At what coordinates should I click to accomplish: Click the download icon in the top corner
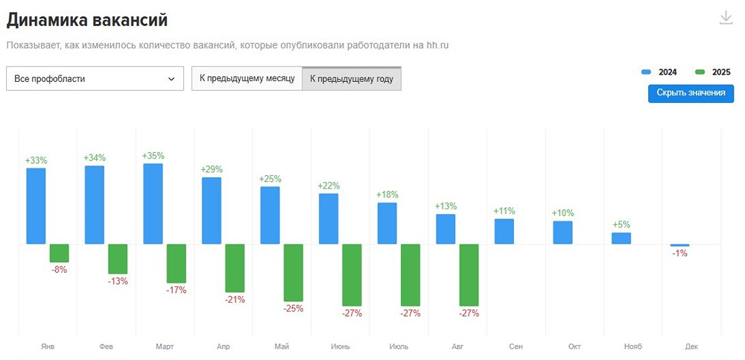coord(726,18)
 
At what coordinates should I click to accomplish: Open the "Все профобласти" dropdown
coord(95,78)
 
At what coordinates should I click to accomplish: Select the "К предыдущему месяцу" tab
coord(247,78)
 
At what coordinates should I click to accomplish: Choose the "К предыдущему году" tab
coord(352,78)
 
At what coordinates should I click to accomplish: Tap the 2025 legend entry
coord(712,72)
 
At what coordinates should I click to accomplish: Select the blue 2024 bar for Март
coord(153,203)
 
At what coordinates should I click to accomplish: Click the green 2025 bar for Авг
coord(469,274)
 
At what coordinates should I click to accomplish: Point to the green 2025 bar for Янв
coord(60,253)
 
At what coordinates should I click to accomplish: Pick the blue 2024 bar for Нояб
coord(621,238)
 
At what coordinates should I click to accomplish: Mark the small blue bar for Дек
coord(679,245)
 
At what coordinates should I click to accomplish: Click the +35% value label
coord(153,156)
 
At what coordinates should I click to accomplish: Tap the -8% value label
coord(60,270)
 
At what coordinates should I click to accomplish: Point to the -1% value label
coord(679,253)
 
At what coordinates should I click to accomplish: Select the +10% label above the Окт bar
coord(562,213)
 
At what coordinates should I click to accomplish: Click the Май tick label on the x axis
coord(282,347)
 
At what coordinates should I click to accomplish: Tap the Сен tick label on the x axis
coord(516,347)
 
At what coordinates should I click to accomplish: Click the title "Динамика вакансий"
coord(87,20)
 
